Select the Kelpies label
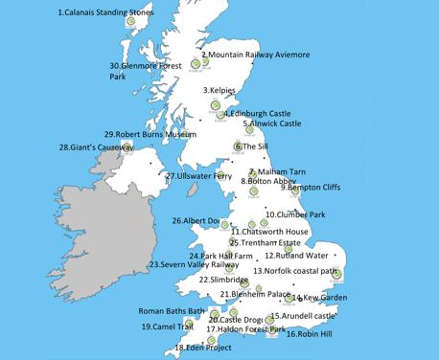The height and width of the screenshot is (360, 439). (219, 91)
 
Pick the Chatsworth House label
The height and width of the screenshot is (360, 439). (269, 232)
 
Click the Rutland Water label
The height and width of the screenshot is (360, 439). (296, 256)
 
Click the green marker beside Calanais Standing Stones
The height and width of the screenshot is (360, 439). (131, 21)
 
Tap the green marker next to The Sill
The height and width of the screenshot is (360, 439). (236, 146)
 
